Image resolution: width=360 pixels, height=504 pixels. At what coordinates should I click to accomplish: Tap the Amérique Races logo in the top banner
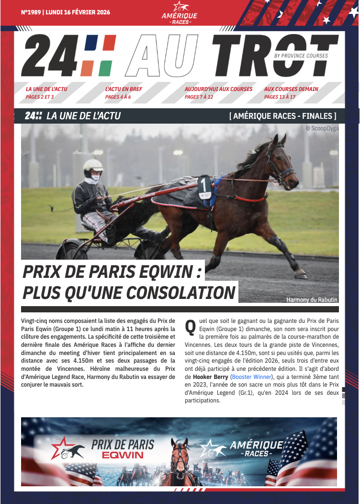[x=180, y=13]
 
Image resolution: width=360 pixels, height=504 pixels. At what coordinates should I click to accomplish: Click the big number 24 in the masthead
[x=47, y=57]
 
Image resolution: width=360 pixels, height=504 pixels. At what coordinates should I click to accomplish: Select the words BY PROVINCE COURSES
[x=301, y=56]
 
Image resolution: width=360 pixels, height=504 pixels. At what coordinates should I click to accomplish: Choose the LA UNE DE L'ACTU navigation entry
[x=47, y=89]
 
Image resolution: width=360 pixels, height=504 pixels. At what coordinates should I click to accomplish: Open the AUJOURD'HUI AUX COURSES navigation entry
[x=218, y=89]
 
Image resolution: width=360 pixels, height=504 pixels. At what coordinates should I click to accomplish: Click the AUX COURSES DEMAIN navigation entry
[x=291, y=89]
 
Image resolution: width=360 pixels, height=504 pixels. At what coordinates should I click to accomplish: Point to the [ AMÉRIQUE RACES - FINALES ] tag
[x=283, y=116]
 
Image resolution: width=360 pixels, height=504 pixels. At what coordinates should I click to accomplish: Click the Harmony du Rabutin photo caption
[x=312, y=300]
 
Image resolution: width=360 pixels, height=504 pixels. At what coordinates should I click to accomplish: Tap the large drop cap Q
[x=190, y=326]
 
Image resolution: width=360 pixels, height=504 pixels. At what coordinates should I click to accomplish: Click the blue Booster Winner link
[x=251, y=377]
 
